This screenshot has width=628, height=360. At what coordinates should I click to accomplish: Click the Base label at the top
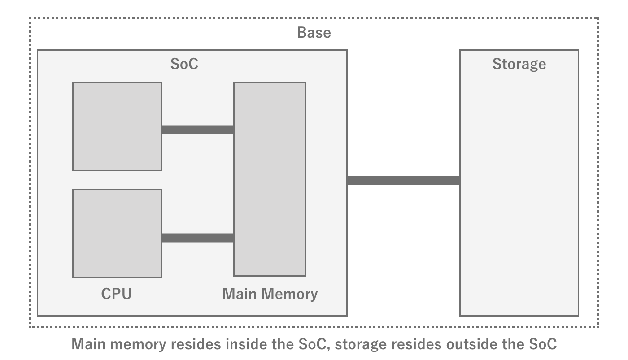click(314, 33)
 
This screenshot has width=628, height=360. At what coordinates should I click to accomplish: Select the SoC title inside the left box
click(184, 64)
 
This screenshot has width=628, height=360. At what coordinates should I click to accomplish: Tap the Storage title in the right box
click(519, 64)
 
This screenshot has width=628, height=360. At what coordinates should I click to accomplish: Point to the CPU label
click(116, 294)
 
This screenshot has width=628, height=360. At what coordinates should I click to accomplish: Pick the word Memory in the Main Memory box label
click(290, 294)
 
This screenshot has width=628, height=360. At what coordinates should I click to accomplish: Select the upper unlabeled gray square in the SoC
click(117, 126)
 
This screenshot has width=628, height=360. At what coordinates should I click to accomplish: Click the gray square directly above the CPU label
click(117, 233)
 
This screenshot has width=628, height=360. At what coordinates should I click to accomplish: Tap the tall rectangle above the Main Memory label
click(270, 179)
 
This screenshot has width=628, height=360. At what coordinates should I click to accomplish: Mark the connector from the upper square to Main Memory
click(197, 130)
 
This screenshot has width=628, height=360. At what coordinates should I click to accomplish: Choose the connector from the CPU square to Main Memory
click(197, 238)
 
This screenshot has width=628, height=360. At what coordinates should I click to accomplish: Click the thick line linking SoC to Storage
click(403, 180)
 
